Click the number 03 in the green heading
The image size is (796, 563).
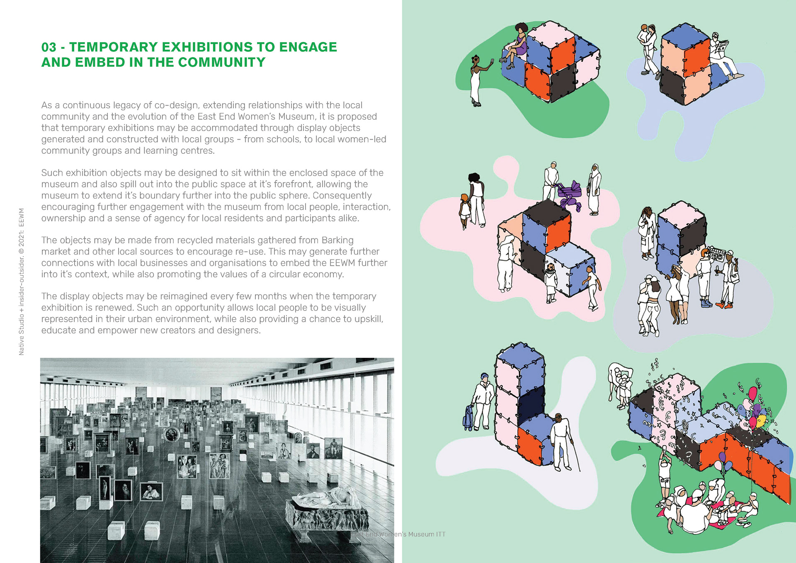click(x=49, y=47)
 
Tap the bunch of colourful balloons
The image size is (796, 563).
click(x=756, y=408)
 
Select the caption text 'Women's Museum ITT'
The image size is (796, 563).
click(x=418, y=534)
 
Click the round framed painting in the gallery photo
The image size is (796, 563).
click(x=172, y=434)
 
